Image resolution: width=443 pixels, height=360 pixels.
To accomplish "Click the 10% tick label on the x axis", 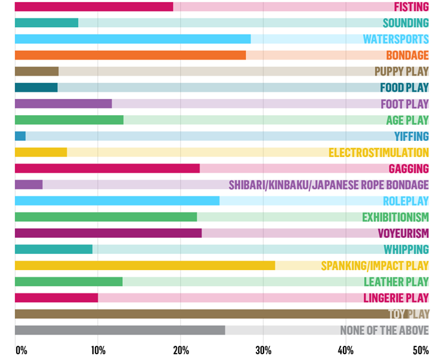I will coord(98,350).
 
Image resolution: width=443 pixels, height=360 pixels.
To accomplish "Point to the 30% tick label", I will coord(263,350).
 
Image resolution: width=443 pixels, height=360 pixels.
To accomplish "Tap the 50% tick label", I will coord(421,350).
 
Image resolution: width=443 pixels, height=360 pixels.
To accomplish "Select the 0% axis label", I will coord(21,350).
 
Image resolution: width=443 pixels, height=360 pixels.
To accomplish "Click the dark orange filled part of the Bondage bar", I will coord(130,55).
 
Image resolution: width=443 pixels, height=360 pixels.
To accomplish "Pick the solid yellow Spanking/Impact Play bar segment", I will coord(145,265).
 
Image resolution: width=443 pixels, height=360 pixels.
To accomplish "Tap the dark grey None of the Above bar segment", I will coord(119,330).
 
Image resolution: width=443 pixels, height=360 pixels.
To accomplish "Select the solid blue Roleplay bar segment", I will coord(117,200).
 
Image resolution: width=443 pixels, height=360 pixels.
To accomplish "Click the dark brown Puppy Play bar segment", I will coord(36,71).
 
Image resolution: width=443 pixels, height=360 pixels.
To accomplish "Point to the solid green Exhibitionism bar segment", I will coord(105,217).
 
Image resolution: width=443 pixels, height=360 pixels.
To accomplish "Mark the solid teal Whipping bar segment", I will coord(53,249).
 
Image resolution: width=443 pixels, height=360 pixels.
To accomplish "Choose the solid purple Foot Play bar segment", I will coord(63,103).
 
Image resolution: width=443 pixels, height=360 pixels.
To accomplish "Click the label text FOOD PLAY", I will coord(404,87).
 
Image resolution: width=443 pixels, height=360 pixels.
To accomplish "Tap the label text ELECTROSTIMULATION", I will coord(378,153).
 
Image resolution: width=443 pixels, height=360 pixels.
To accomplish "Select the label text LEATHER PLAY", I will coord(396,282).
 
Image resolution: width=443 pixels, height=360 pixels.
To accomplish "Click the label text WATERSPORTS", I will coord(396,39).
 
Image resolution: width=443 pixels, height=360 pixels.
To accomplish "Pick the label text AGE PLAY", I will coord(407,120).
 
